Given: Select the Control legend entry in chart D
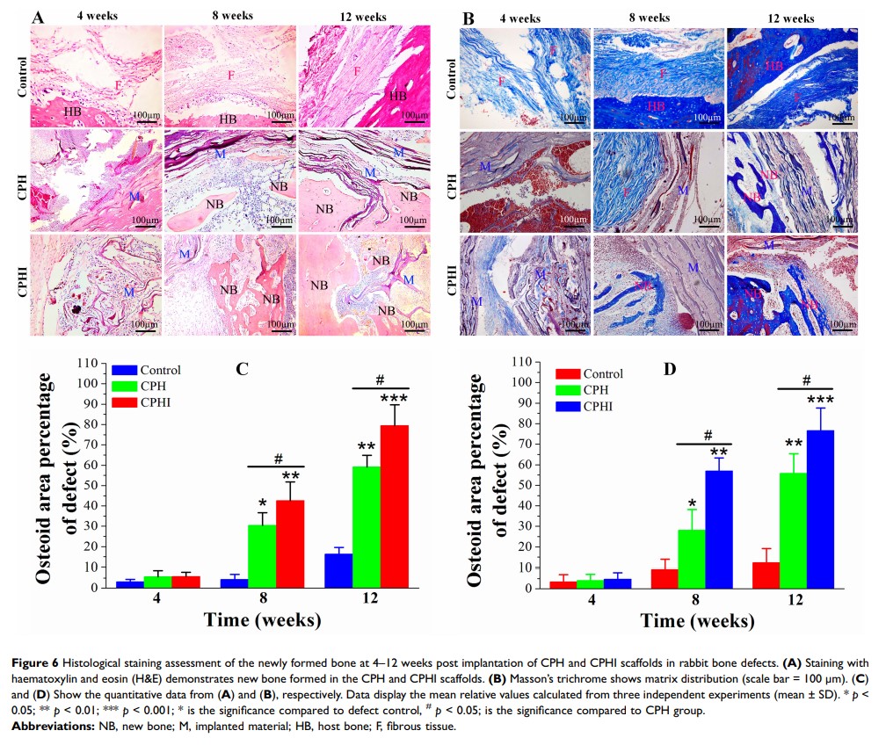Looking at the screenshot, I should (x=588, y=373).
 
